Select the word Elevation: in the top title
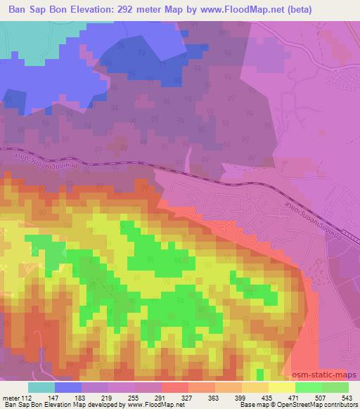click(x=87, y=10)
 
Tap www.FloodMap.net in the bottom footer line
click(x=150, y=404)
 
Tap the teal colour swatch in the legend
click(x=41, y=387)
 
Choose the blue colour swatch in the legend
click(x=69, y=387)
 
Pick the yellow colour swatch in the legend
click(x=282, y=387)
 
